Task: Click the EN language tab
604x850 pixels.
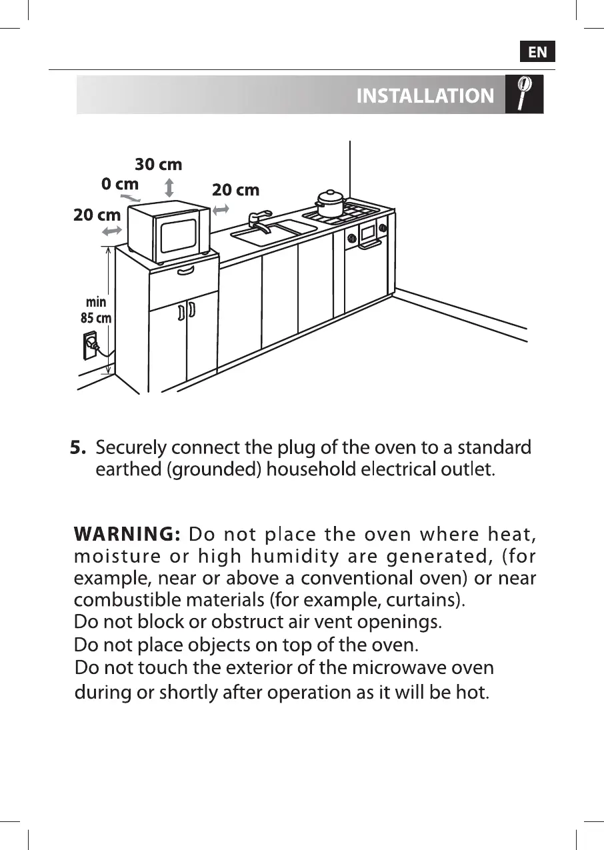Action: click(x=537, y=52)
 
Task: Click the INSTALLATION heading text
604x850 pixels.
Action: click(x=425, y=96)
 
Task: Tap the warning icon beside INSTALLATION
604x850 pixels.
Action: click(x=525, y=94)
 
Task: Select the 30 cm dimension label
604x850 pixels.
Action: click(x=159, y=164)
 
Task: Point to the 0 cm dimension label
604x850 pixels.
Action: click(x=120, y=184)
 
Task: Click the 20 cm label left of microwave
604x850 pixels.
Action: click(x=97, y=215)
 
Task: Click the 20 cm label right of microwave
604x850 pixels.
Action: click(x=235, y=190)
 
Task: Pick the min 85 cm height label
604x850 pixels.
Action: click(x=96, y=311)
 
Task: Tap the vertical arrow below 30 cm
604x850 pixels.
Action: click(x=169, y=187)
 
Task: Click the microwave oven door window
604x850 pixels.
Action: click(x=174, y=236)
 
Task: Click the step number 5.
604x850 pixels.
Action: click(x=79, y=447)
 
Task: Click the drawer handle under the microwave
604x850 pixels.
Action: click(x=186, y=270)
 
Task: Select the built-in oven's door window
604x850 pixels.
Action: click(x=367, y=233)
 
